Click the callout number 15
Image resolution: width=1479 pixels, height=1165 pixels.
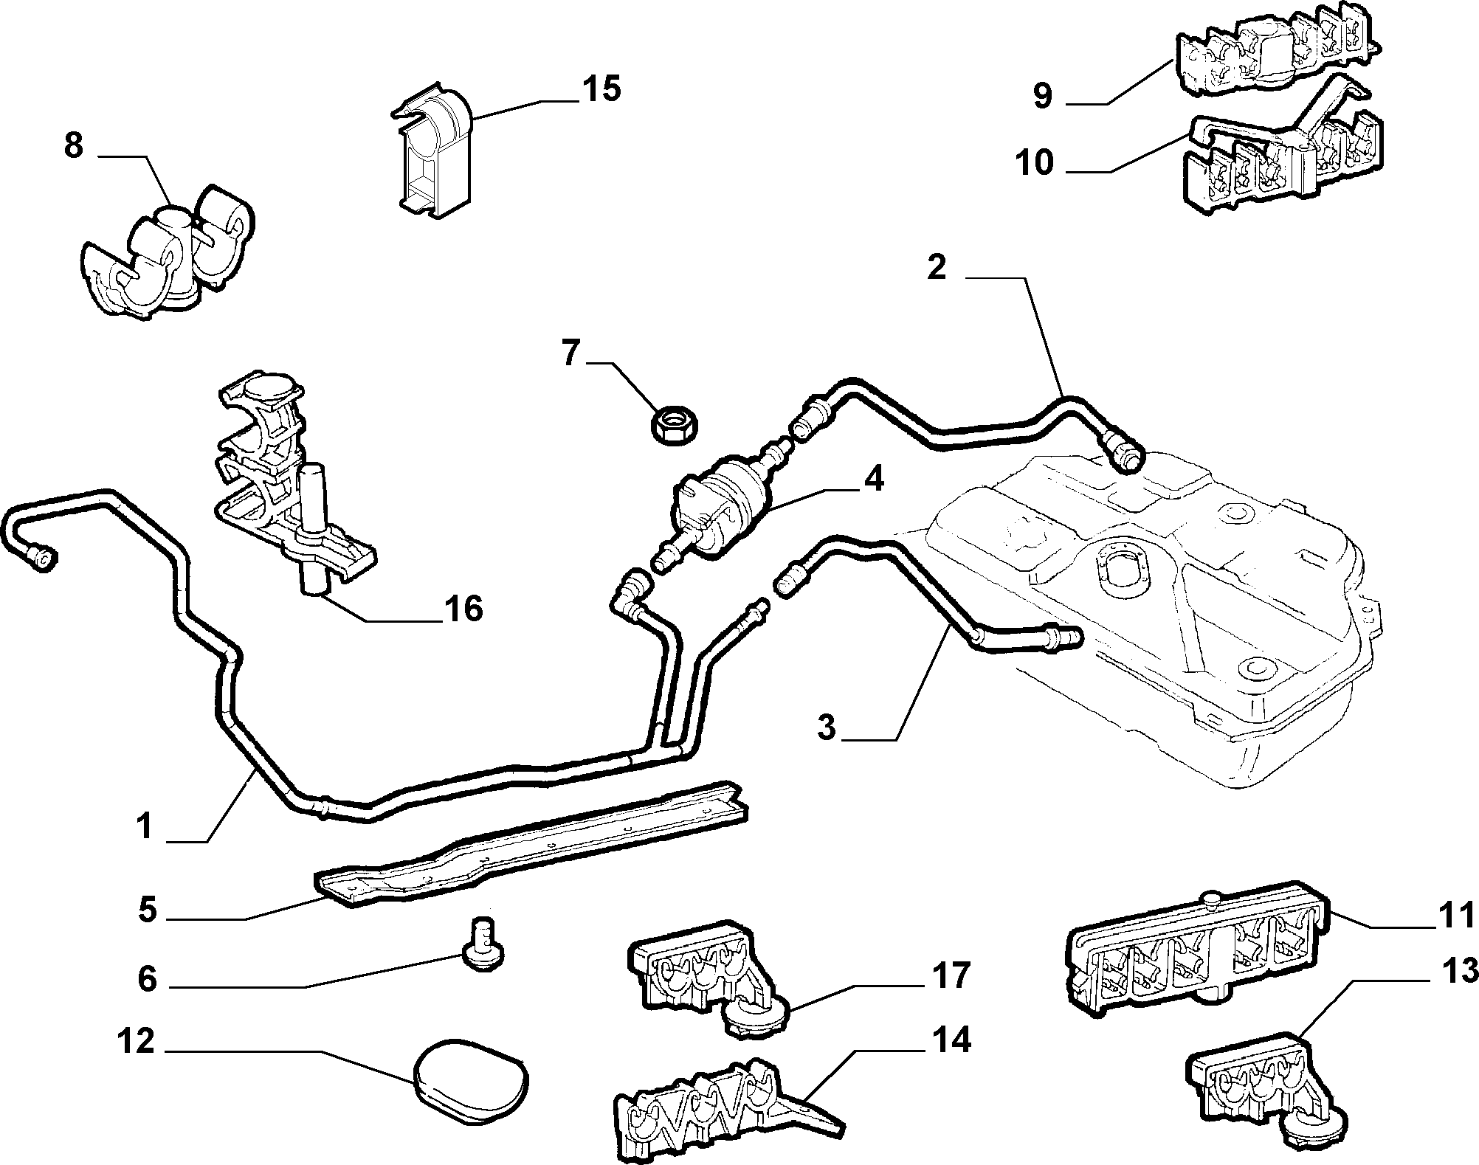tap(601, 89)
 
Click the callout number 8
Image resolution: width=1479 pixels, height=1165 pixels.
tap(74, 145)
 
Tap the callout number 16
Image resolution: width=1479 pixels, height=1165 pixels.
tap(462, 609)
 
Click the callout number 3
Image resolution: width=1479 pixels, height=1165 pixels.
tap(827, 727)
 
